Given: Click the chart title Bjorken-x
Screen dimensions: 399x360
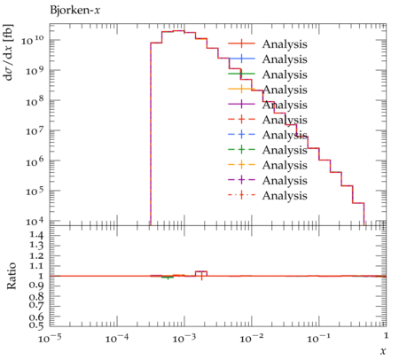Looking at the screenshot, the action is pos(75,11).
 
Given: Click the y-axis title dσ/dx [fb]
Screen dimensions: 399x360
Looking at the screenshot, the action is pos(8,52).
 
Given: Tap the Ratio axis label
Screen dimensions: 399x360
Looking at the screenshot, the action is pos(12,276).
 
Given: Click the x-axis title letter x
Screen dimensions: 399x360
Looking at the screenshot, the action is pos(383,351).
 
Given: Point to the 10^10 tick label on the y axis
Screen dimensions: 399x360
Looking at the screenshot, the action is pos(33,39).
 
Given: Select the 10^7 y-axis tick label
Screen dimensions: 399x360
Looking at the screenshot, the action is pos(35,130).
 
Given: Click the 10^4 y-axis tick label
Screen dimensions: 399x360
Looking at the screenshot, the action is pos(35,221).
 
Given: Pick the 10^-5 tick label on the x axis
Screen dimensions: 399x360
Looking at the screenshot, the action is pos(50,338).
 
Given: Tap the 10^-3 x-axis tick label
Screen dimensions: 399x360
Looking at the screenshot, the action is pos(184,338).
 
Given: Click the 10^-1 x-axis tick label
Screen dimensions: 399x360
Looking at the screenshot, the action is pos(318,338).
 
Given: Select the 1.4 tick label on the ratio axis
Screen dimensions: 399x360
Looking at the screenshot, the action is pos(36,236).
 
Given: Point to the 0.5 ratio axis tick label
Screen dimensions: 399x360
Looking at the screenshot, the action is pos(36,325).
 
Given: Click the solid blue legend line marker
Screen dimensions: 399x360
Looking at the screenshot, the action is pos(241,59).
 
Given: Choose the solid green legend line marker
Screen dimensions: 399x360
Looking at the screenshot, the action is pos(241,74).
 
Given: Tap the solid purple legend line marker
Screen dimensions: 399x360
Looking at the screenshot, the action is pos(241,104).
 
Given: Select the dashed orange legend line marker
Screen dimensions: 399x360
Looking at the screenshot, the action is pos(241,164).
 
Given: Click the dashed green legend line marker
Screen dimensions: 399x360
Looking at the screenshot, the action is pos(241,149).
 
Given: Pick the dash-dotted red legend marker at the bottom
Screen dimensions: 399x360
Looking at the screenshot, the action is pos(241,195).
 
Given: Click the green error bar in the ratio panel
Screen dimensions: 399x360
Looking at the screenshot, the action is pos(168,278).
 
